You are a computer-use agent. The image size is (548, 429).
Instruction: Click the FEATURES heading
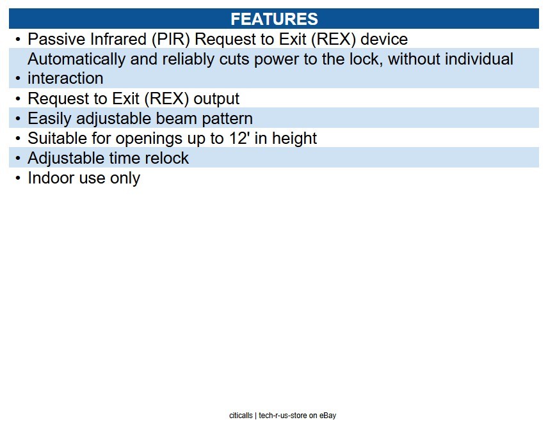pyautogui.click(x=274, y=19)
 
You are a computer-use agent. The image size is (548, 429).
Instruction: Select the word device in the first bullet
pyautogui.click(x=384, y=39)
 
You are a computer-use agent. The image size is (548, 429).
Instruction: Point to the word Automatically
pyautogui.click(x=76, y=59)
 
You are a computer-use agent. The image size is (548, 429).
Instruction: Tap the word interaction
pyautogui.click(x=65, y=79)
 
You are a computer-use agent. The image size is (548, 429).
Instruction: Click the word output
pyautogui.click(x=216, y=99)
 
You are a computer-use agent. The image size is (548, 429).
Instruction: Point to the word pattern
pyautogui.click(x=227, y=119)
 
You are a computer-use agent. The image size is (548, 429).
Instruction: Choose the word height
pyautogui.click(x=294, y=139)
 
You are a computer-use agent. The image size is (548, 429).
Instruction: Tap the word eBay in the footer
pyautogui.click(x=328, y=416)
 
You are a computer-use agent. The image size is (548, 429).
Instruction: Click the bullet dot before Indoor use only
pyautogui.click(x=18, y=178)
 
